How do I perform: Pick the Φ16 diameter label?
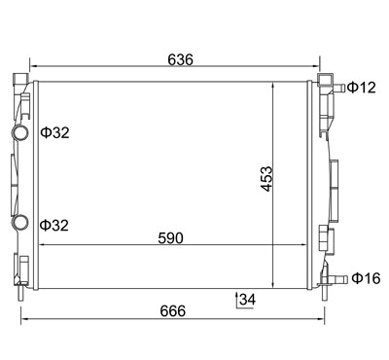coord(366,279)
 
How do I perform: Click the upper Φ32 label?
coord(54,132)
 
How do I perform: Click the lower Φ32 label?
coord(54,225)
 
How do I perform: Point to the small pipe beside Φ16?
coord(338,279)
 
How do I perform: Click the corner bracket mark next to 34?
coord(236,300)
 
